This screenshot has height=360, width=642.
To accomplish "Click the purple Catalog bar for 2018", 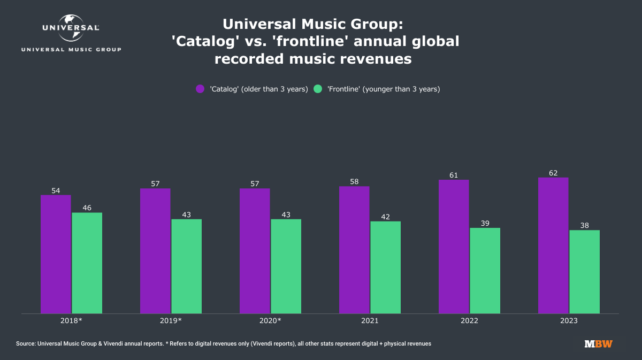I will (x=56, y=254).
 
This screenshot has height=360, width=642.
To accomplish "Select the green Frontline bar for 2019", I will (x=186, y=266).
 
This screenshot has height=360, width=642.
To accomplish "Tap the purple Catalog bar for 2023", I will (x=553, y=246).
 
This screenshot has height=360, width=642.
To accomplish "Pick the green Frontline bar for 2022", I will (x=485, y=271).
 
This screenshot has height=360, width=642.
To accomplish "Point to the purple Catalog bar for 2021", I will (x=354, y=250).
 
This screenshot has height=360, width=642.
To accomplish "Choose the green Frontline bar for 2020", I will (x=286, y=266).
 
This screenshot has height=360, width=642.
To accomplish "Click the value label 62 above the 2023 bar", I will (x=553, y=173).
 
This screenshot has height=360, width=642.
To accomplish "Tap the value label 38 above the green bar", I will (x=585, y=226).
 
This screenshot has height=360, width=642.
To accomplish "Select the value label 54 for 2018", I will (x=56, y=190).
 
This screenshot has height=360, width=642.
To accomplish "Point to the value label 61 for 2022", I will (x=454, y=175).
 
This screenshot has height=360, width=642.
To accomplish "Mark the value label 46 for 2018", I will (x=87, y=208).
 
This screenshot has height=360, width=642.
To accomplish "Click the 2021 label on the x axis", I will (x=370, y=321).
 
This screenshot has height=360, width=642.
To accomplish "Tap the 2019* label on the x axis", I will (x=171, y=321).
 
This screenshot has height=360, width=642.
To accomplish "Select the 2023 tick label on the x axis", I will (x=569, y=321).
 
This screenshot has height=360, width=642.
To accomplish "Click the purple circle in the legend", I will (x=200, y=89).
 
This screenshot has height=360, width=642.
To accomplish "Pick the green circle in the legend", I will (x=318, y=89).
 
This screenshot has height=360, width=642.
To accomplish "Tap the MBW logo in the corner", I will (x=599, y=344).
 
